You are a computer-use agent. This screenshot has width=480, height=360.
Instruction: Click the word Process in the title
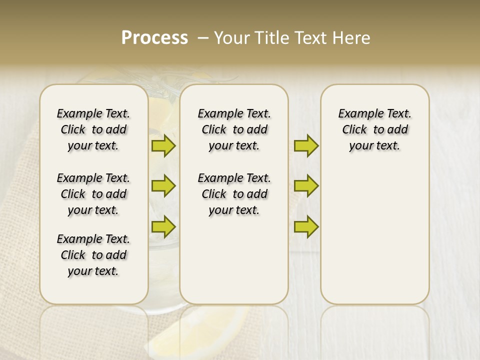154,38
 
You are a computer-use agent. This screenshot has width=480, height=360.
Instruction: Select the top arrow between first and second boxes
163,145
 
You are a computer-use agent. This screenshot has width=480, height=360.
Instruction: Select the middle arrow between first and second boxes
163,186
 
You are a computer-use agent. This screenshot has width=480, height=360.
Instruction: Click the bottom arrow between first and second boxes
163,227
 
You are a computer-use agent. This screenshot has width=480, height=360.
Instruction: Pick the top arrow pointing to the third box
306,145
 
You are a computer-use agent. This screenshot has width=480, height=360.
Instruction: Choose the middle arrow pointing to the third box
306,186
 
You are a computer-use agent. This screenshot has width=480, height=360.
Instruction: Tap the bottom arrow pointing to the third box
306,227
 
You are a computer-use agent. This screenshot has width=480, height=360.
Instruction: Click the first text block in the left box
93,129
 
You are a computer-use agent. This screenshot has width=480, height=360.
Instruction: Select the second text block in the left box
93,194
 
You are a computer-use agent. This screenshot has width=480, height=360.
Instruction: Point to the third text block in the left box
93,255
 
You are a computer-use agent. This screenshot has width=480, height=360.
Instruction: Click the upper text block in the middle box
234,129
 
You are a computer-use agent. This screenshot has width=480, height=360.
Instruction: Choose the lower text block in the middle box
234,194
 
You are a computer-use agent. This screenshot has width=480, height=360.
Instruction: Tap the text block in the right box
374,129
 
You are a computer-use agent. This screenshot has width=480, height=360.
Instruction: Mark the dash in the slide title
203,38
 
